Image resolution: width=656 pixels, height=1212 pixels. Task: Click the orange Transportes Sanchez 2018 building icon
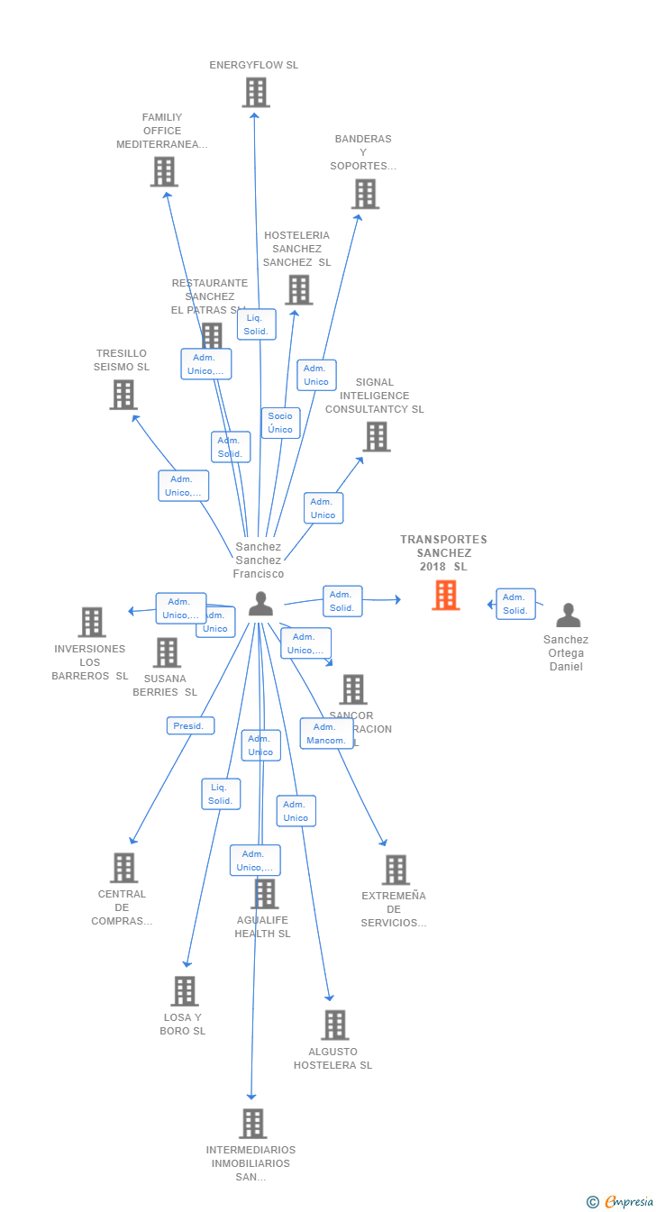(445, 596)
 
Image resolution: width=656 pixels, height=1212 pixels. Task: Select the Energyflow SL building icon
(256, 92)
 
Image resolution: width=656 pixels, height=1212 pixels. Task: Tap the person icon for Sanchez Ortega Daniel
(568, 615)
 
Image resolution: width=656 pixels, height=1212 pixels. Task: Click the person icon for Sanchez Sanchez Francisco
(260, 604)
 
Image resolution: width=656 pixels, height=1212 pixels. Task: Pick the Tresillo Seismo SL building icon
(123, 395)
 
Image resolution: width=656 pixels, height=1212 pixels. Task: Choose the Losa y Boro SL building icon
(184, 991)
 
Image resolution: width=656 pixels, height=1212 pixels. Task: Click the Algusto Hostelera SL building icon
(334, 1025)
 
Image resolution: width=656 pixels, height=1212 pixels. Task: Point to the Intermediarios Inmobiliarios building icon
(252, 1124)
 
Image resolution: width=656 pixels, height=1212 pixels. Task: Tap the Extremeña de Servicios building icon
(395, 870)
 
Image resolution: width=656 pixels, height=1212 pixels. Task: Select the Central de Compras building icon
(123, 868)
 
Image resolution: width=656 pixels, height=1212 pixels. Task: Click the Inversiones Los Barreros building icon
(91, 622)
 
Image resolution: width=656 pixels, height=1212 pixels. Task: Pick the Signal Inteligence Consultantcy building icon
(376, 437)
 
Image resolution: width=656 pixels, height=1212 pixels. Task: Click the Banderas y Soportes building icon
(365, 194)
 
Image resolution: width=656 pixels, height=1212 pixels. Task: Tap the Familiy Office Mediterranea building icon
(164, 171)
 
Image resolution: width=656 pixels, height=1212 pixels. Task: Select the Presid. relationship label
(190, 725)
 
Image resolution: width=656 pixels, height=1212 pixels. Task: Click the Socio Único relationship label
(280, 423)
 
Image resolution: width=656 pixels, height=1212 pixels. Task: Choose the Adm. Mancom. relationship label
(325, 734)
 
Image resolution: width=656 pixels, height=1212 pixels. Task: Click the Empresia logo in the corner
(621, 1201)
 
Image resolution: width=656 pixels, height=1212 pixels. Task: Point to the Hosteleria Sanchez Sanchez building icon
(298, 290)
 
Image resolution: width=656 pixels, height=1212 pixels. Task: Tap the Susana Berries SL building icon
(167, 652)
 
